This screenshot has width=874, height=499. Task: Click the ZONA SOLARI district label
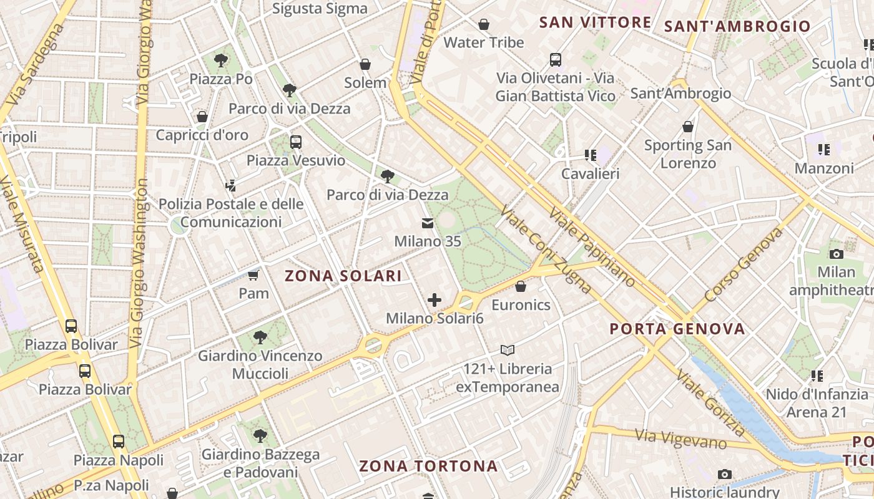[343, 276]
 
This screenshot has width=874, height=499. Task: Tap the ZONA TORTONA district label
[428, 466]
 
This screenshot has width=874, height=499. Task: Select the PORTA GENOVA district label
[677, 329]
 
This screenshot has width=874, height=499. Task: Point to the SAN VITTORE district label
[595, 22]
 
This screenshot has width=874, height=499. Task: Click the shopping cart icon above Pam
[253, 275]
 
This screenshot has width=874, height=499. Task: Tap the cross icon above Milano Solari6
[435, 300]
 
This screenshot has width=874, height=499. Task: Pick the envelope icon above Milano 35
[428, 223]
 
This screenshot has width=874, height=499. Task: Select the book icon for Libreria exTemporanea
[507, 351]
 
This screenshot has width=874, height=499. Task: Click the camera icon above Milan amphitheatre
[836, 254]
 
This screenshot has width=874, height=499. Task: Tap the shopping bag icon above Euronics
[521, 286]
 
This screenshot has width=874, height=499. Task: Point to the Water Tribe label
[484, 42]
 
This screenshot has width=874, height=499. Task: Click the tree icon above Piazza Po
[220, 61]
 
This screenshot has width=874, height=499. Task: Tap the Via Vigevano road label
[680, 439]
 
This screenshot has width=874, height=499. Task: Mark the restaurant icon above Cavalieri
[590, 155]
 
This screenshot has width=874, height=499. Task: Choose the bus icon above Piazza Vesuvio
[296, 142]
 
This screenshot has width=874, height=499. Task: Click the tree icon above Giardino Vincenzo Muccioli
[260, 337]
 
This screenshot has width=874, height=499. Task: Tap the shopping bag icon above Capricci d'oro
[202, 117]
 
